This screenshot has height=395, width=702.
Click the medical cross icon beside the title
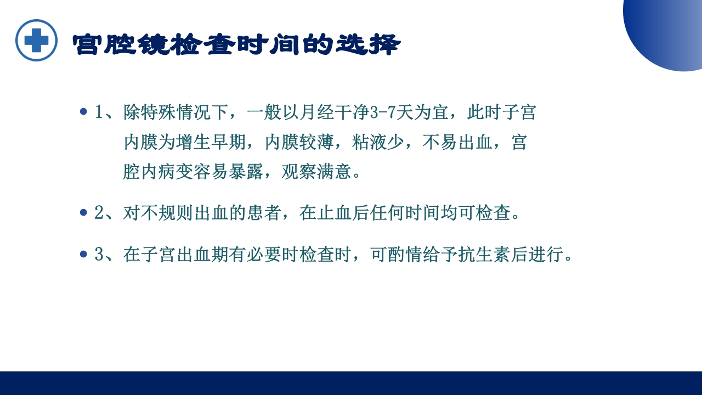(x=36, y=40)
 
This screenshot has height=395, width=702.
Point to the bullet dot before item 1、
(x=83, y=112)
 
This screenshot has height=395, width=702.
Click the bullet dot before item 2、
(x=83, y=212)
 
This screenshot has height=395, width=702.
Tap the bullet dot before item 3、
(x=83, y=254)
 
